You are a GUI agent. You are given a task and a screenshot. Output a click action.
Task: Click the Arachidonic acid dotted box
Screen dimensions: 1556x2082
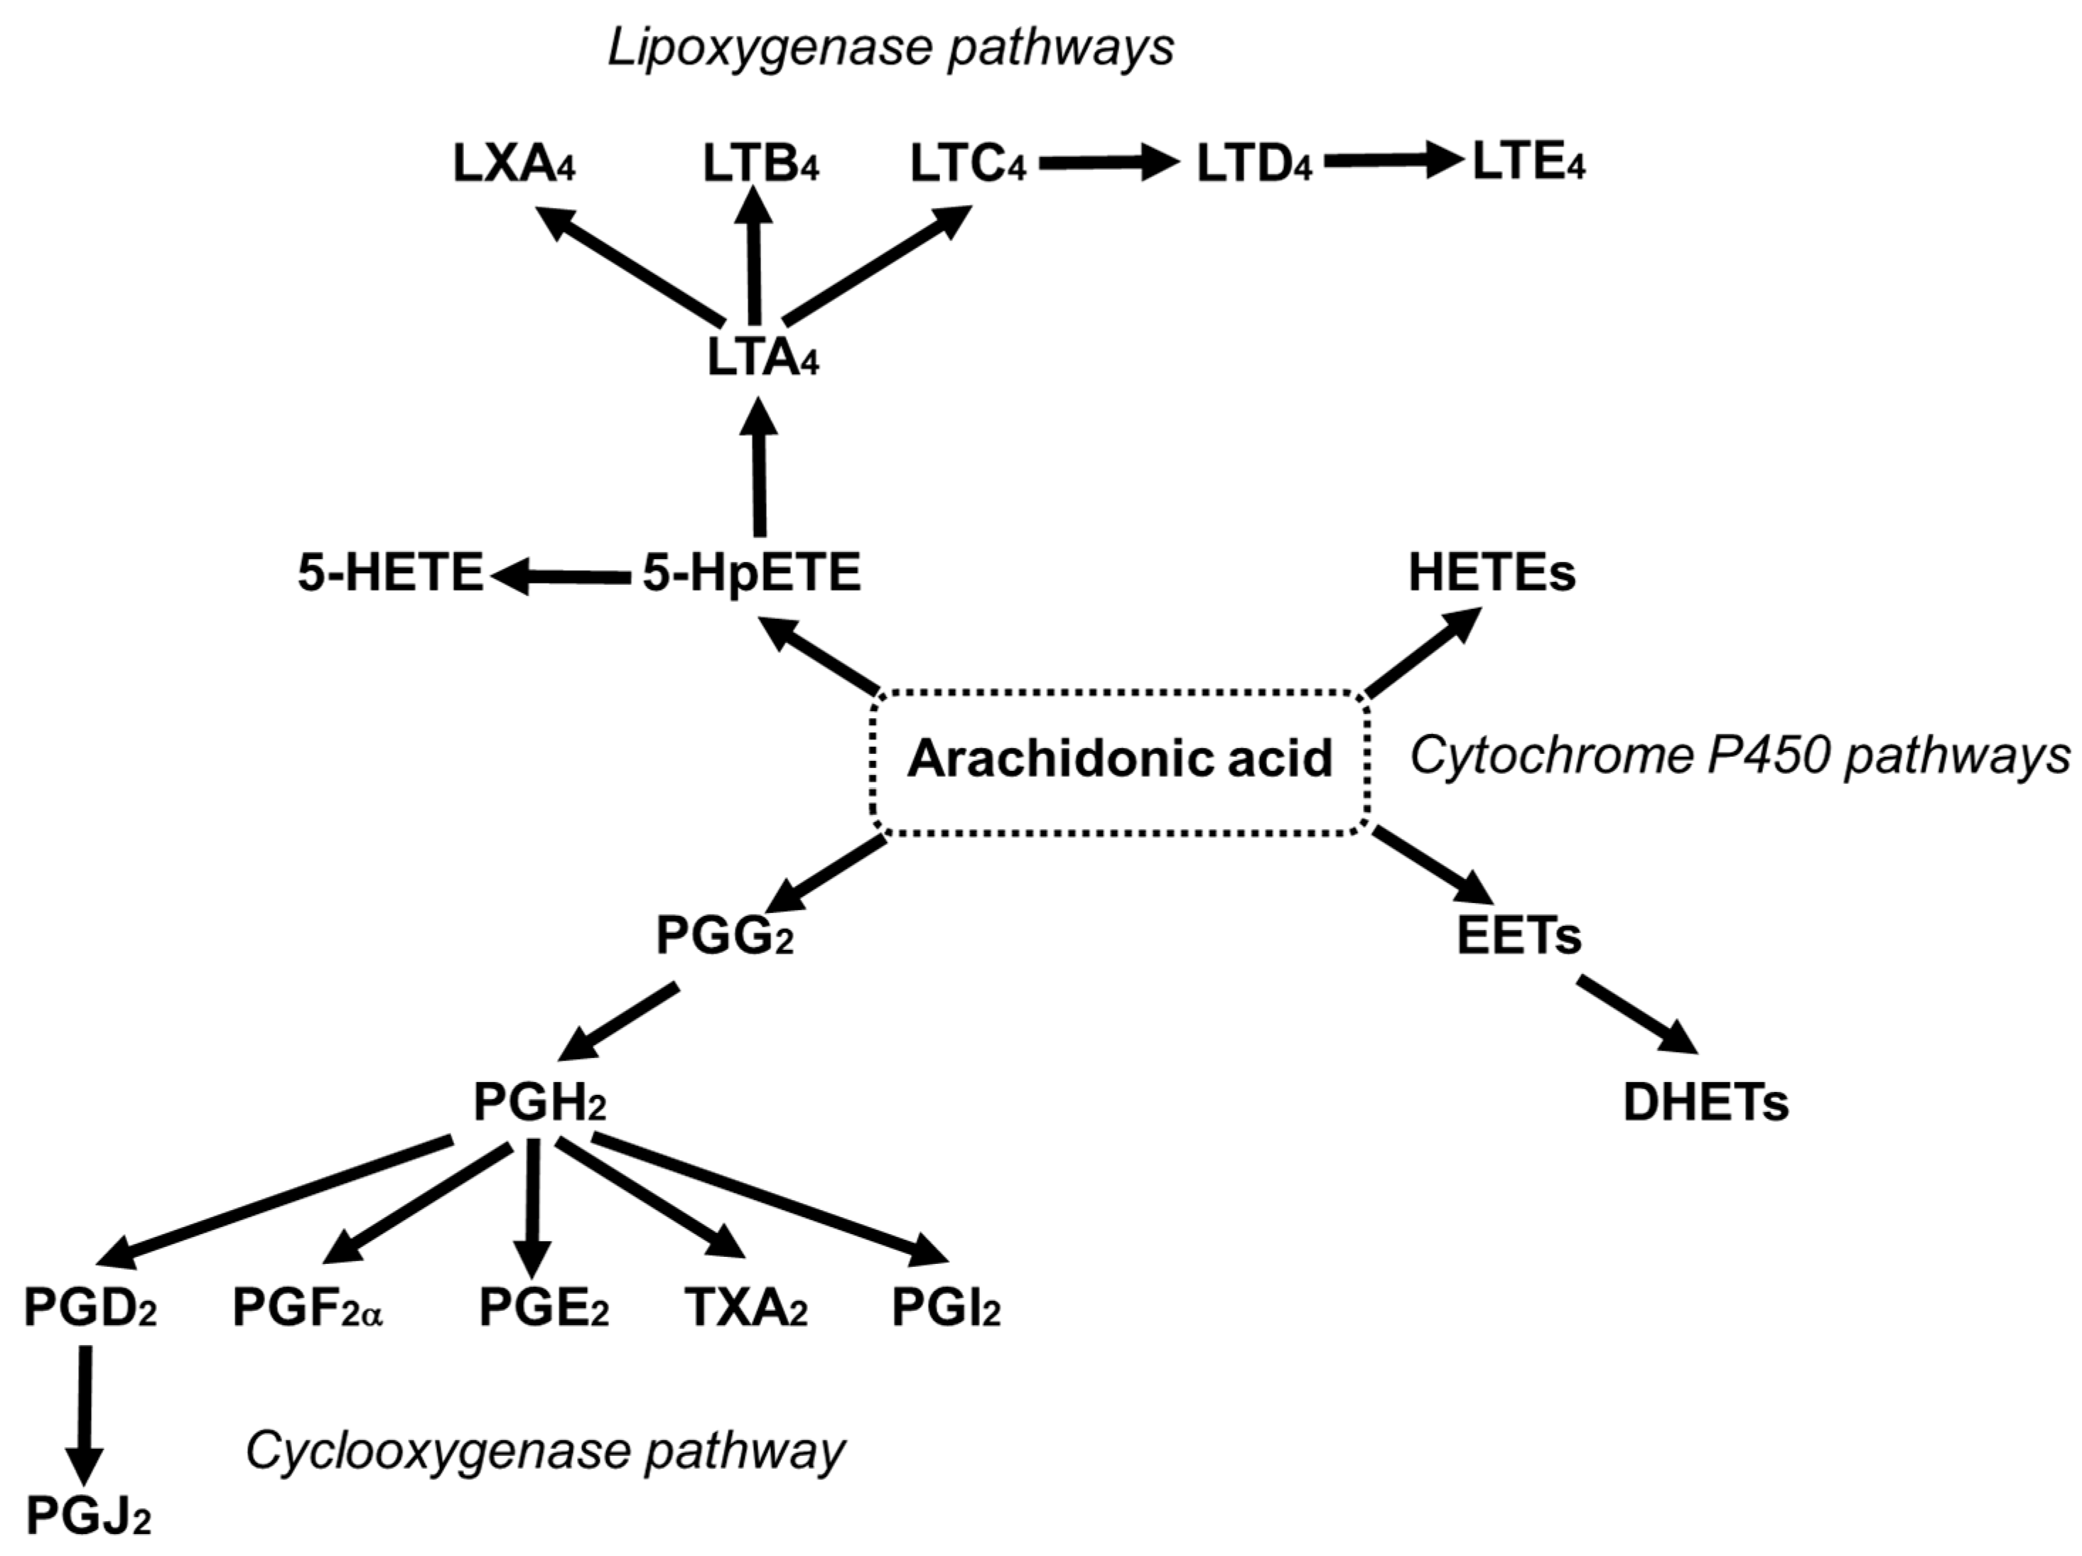point(1120,760)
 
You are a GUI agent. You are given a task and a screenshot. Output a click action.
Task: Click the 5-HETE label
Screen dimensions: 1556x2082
point(389,573)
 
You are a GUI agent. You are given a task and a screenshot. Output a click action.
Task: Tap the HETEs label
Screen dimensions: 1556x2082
point(1491,573)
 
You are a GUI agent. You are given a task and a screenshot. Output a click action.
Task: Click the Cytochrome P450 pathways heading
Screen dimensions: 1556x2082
point(1740,756)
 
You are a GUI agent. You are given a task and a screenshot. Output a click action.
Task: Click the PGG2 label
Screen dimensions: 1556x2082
point(724,936)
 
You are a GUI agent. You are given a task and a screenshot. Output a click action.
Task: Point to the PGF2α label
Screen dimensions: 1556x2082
point(307,1309)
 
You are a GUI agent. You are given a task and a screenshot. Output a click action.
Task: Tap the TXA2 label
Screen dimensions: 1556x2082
point(745,1309)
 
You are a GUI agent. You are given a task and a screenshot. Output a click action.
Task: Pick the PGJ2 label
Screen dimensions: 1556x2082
point(87,1516)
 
